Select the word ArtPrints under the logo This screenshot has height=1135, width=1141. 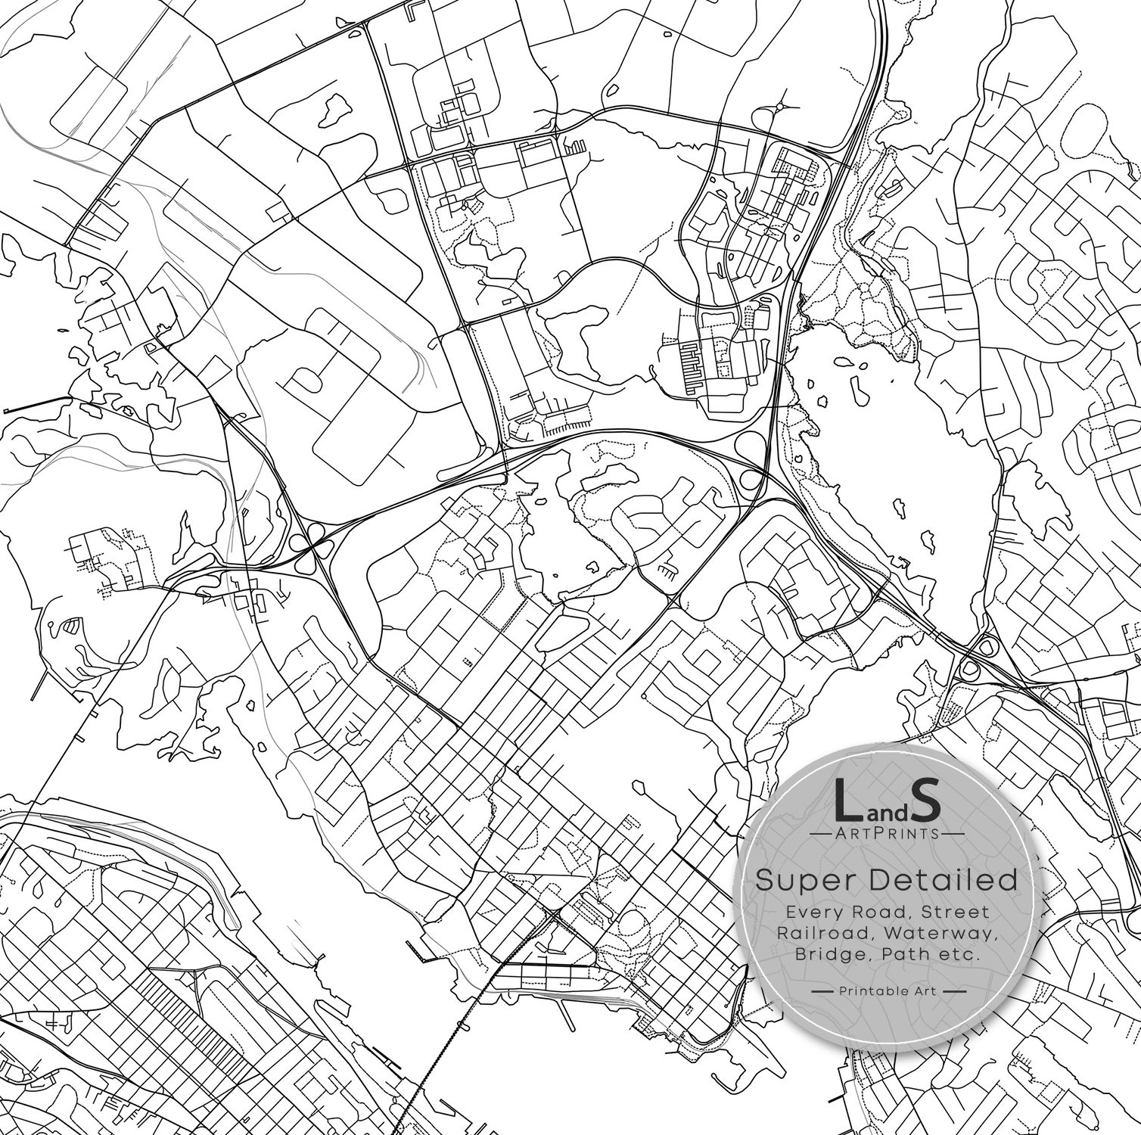click(x=886, y=833)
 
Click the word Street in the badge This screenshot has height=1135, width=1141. click(x=956, y=912)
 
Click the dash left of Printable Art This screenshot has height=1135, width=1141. click(x=822, y=990)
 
